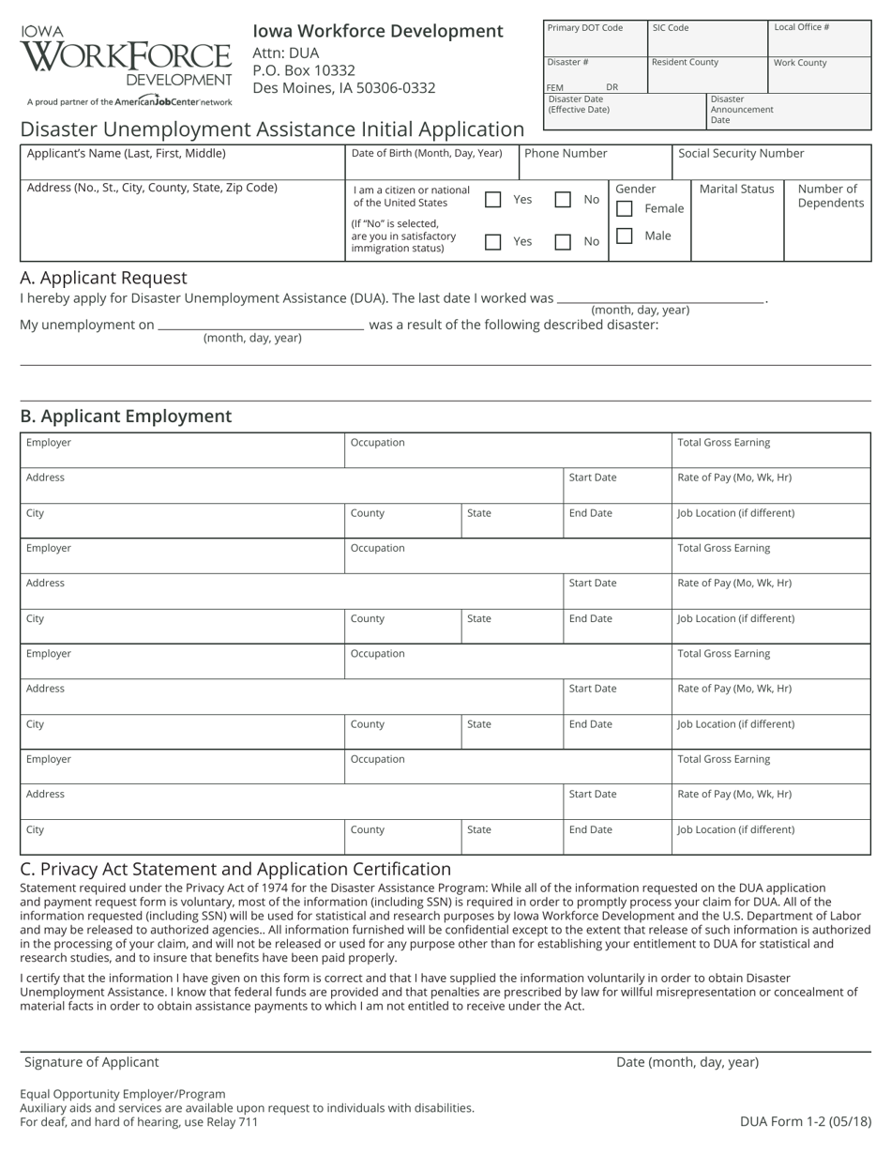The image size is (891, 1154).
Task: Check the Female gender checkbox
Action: [x=625, y=208]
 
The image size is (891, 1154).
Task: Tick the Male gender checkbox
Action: [x=625, y=235]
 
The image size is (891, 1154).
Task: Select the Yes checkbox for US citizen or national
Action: [x=492, y=199]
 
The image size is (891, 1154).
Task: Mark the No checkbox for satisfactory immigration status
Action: [x=563, y=242]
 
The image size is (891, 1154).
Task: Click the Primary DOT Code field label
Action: [x=584, y=28]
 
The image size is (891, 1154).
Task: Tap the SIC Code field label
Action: [x=671, y=28]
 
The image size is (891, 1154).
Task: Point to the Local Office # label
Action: [x=801, y=27]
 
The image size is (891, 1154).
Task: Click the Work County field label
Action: [x=800, y=63]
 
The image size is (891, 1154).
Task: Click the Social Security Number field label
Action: [x=741, y=153]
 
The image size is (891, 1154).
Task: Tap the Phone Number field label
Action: [x=566, y=153]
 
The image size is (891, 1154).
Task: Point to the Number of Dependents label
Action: [x=830, y=196]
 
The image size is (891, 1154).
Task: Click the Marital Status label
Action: [x=736, y=189]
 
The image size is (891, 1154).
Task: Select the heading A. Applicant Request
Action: [x=103, y=278]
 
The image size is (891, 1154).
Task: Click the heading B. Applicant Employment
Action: [x=126, y=416]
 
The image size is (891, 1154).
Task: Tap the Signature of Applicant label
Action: [x=91, y=1062]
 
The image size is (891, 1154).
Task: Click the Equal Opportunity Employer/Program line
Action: [x=123, y=1094]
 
